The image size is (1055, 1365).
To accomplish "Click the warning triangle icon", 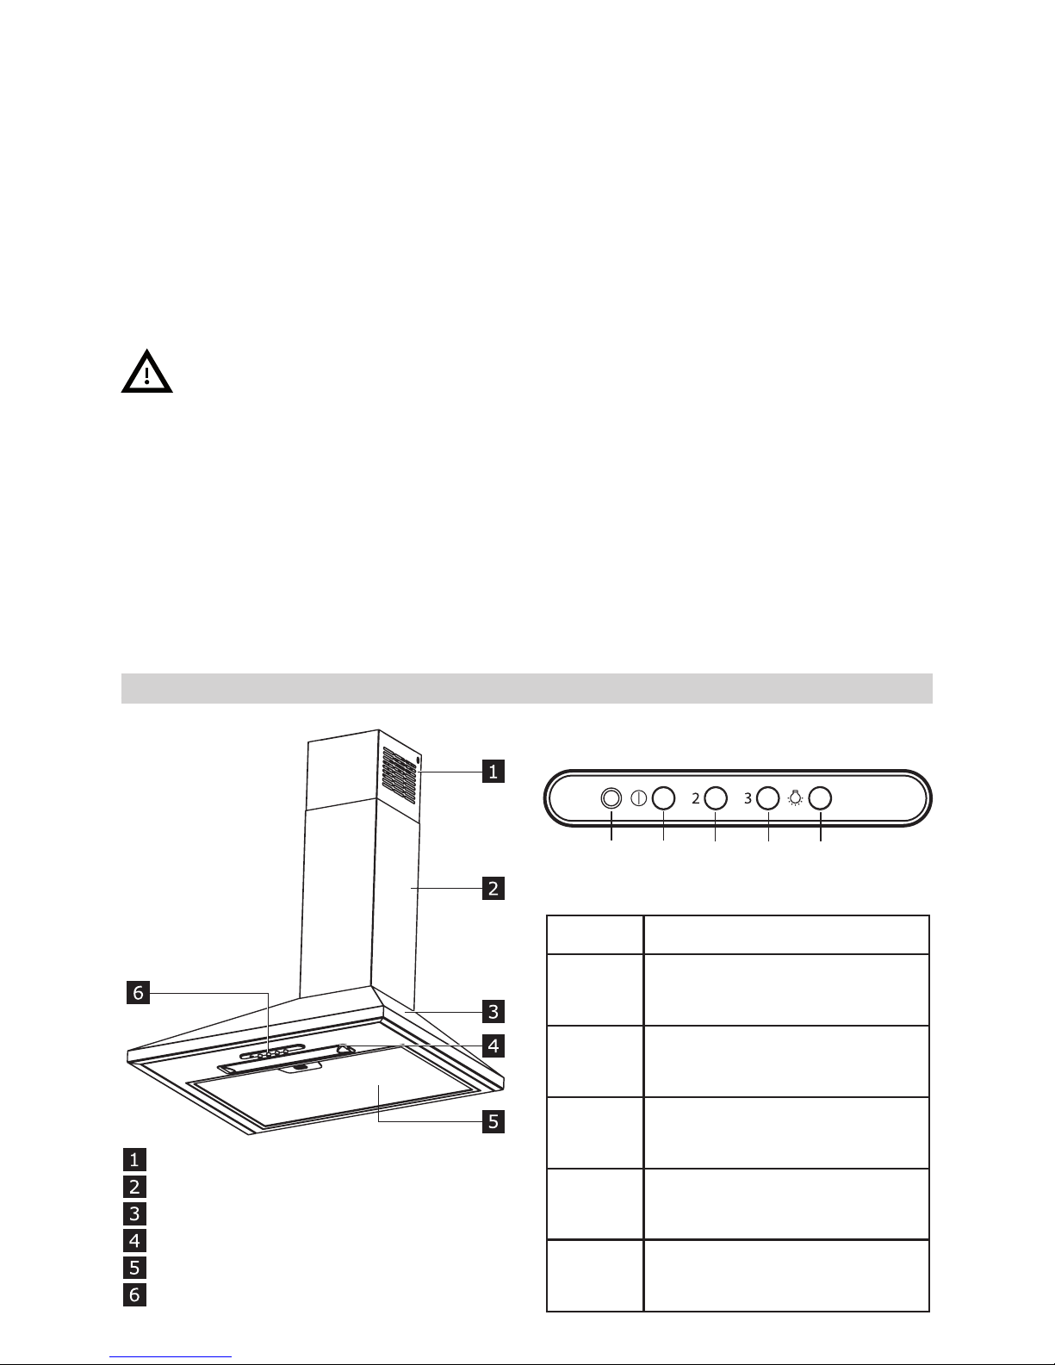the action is tap(146, 372).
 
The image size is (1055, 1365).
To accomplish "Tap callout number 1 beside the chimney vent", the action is tap(493, 772).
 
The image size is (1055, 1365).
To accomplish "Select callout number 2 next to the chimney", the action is tap(493, 888).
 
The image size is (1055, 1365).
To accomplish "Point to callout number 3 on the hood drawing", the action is tap(493, 1010).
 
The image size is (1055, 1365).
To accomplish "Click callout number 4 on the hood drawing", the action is tap(493, 1046).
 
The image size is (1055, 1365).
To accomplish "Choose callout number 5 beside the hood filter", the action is tap(493, 1121).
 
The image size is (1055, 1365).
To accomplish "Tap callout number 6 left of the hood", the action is tap(135, 993).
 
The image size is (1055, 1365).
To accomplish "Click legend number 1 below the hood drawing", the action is tap(134, 1158).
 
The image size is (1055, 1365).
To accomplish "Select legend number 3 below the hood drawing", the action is tap(134, 1214).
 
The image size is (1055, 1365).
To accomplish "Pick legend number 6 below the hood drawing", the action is tap(134, 1294).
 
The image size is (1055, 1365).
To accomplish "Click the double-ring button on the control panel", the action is tap(611, 798).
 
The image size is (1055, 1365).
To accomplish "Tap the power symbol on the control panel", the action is tap(639, 798).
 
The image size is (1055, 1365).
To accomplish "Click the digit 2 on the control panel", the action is tap(695, 799).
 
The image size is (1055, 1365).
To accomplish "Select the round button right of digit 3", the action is tap(768, 798).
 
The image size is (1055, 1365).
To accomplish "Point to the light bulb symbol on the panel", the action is tap(795, 798).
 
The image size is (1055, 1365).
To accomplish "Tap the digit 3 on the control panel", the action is tap(748, 799).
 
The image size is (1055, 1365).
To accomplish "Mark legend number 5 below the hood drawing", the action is tap(134, 1268).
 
